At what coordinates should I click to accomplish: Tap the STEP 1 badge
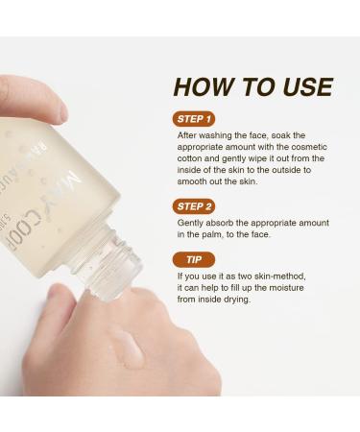pyautogui.click(x=195, y=119)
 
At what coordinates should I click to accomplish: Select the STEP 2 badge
pyautogui.click(x=196, y=204)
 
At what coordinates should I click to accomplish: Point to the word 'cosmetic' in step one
pyautogui.click(x=304, y=146)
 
